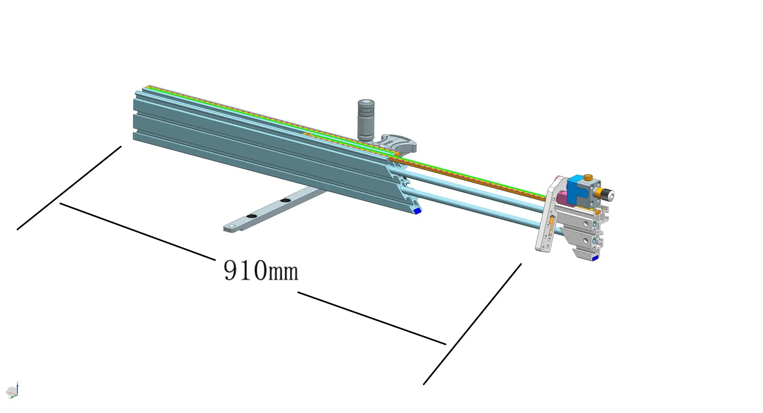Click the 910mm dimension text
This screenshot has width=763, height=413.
click(x=261, y=270)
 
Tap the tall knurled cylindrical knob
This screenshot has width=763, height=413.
click(x=366, y=120)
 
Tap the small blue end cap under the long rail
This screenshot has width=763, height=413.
click(x=418, y=211)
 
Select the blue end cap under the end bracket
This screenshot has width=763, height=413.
click(x=594, y=258)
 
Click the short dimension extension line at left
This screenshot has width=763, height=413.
click(x=69, y=188)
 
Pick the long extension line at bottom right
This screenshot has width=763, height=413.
click(x=472, y=324)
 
